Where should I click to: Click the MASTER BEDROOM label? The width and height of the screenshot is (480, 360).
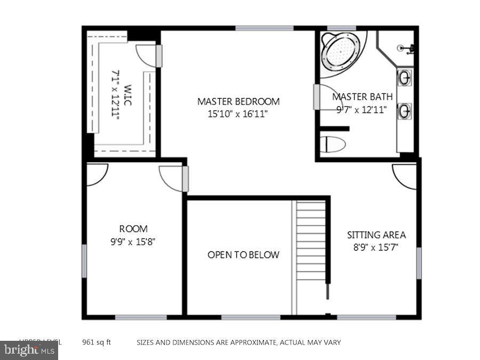[x=238, y=101]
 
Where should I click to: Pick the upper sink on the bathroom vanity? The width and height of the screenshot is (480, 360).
[x=405, y=78]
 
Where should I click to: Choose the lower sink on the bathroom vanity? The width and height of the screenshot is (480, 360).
[x=405, y=111]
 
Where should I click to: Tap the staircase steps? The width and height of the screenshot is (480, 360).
[x=310, y=240]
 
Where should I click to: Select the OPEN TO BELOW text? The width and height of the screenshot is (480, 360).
[x=243, y=255]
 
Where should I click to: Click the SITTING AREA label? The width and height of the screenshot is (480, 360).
[x=377, y=235]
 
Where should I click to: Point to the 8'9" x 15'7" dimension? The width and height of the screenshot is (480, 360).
[x=377, y=247]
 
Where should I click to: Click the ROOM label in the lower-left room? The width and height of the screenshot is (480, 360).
[x=133, y=229]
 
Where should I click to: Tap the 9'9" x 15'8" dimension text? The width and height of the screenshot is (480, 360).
[x=133, y=241]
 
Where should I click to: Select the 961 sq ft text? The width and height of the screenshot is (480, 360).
[x=96, y=342]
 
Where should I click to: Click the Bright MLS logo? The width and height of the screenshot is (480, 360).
[x=29, y=350]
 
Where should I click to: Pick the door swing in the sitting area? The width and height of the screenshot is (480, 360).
[x=404, y=176]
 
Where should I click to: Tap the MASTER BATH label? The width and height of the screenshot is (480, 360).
[x=363, y=97]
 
